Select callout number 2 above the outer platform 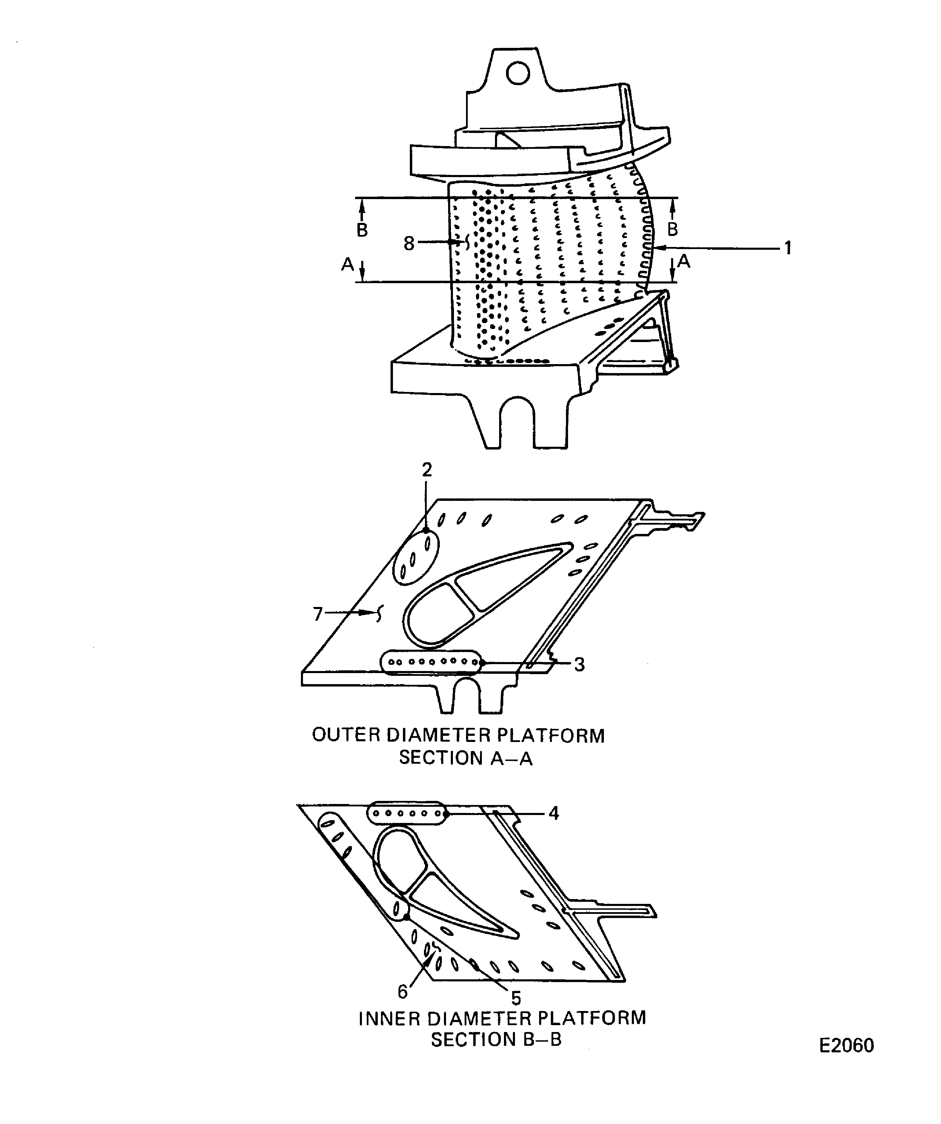426,470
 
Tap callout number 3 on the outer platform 579,665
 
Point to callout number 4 554,814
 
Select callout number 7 318,614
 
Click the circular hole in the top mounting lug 518,74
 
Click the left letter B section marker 362,230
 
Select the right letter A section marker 684,261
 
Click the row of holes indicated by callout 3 431,662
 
